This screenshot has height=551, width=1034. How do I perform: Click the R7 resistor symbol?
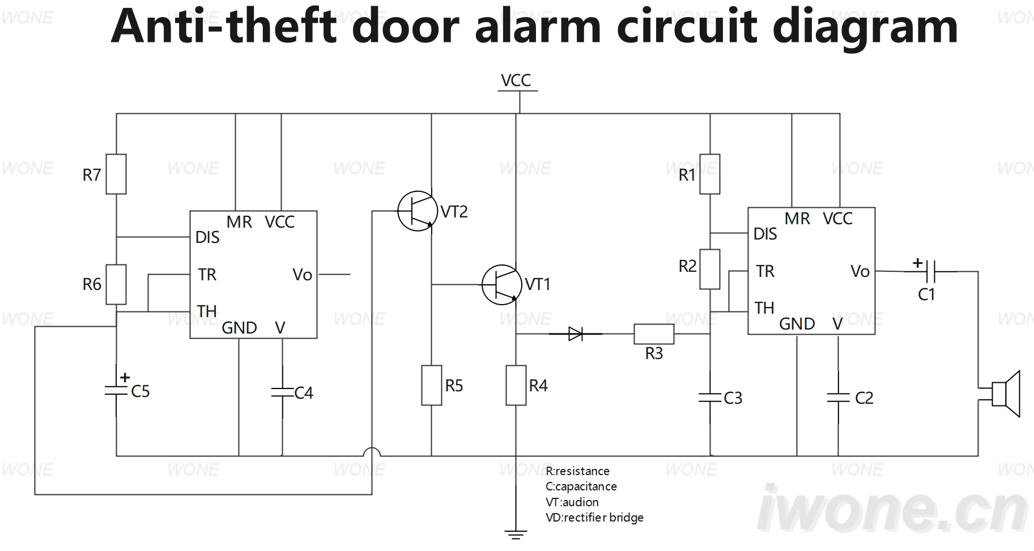pos(116,174)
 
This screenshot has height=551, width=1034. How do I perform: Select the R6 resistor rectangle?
pos(116,284)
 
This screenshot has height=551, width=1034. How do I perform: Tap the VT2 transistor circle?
pos(418,211)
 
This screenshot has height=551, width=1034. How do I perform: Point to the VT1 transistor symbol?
pos(502,284)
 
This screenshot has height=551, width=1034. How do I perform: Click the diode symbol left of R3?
pos(576,334)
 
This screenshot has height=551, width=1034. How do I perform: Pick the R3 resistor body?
pos(654,334)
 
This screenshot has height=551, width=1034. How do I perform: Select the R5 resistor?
pos(432,386)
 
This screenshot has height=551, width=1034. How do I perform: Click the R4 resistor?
pos(516,386)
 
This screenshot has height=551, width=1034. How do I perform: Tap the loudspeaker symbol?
pos(1006,394)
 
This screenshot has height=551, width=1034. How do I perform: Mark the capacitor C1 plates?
pos(930,272)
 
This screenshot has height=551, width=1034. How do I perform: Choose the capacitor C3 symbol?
pos(710,398)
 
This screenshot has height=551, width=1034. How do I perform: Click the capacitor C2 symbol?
pos(839,398)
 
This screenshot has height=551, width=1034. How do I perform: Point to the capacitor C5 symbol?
pos(116,391)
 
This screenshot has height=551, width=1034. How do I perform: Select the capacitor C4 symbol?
pos(282,392)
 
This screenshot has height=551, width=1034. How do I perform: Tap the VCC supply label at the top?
pos(516,80)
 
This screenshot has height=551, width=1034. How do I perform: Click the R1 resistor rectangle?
pos(710,174)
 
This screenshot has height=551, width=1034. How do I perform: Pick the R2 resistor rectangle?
pos(710,270)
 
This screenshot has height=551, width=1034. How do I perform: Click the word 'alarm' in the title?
pos(538,27)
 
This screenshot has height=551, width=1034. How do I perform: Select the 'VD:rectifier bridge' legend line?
pos(594,518)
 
